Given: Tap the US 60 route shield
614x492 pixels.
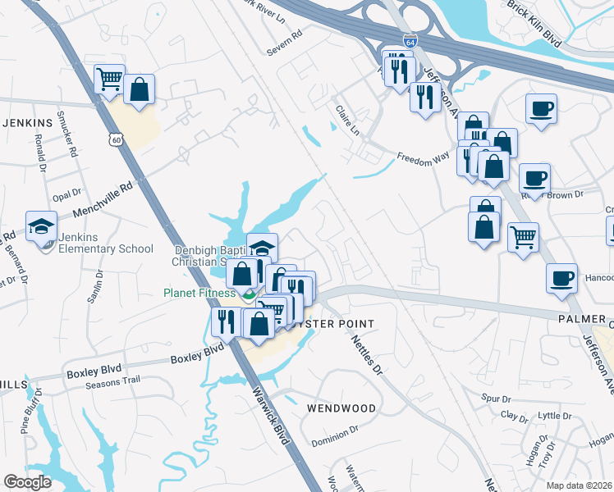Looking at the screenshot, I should [118, 141].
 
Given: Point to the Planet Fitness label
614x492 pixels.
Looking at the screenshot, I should [199, 292].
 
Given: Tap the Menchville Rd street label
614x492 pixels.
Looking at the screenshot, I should [103, 198].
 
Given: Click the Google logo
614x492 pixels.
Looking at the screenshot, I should [27, 482].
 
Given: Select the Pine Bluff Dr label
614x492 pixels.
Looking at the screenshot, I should [30, 414].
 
